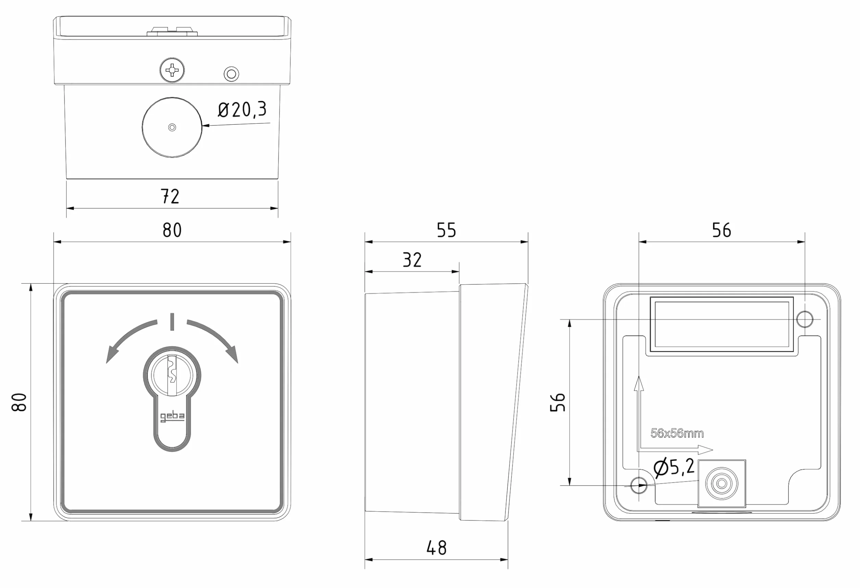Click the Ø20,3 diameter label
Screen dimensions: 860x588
(x=242, y=110)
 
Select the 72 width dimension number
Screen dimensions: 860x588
(x=170, y=196)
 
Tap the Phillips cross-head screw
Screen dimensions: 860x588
(x=172, y=70)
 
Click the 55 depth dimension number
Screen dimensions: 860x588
(x=446, y=230)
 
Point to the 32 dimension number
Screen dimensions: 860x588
(x=412, y=260)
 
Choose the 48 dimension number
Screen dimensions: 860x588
(x=437, y=548)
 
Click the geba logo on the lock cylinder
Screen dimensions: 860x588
(x=172, y=417)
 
